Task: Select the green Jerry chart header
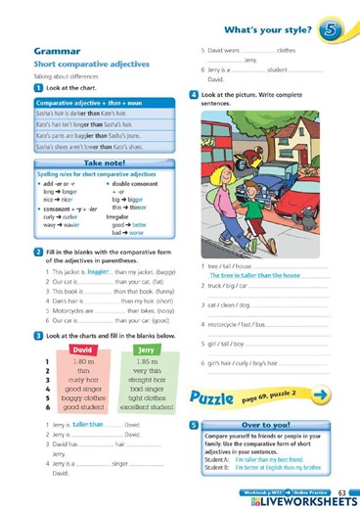click(x=145, y=351)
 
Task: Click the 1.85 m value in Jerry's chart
click(x=144, y=362)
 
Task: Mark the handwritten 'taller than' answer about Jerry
click(x=89, y=427)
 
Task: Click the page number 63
click(x=343, y=489)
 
